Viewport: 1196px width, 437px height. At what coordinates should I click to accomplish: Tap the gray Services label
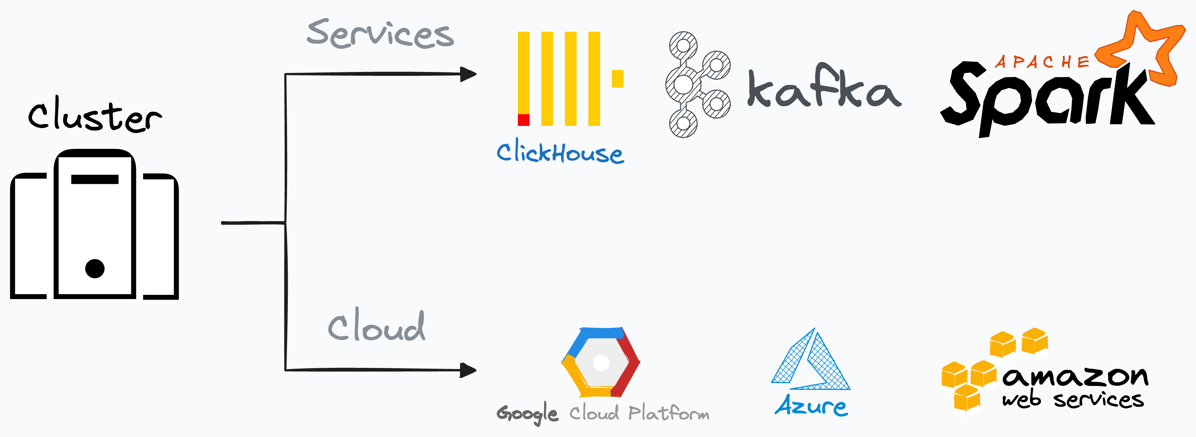pos(380,34)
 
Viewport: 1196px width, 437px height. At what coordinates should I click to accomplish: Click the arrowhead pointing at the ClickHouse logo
pos(468,74)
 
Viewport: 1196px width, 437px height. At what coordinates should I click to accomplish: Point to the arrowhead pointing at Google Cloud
pos(468,370)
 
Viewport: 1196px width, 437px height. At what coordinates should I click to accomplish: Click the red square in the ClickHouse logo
pos(523,120)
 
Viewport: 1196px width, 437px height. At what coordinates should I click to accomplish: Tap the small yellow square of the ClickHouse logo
pos(618,79)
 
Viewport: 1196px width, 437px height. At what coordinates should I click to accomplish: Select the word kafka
pos(824,88)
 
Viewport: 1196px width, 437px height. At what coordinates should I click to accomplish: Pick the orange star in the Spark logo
pos(1142,49)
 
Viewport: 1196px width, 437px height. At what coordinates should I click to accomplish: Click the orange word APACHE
pos(1041,62)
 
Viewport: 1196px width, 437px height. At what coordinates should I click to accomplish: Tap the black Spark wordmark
pos(1045,100)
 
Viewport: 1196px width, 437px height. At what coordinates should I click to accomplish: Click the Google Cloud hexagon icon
pos(601,362)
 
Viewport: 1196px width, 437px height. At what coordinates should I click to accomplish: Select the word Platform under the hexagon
pos(669,413)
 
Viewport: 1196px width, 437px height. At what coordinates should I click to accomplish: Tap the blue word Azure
pos(811,405)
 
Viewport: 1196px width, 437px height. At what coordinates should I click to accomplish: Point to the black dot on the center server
pos(95,268)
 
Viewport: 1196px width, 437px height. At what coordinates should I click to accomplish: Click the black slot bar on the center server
pos(95,179)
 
